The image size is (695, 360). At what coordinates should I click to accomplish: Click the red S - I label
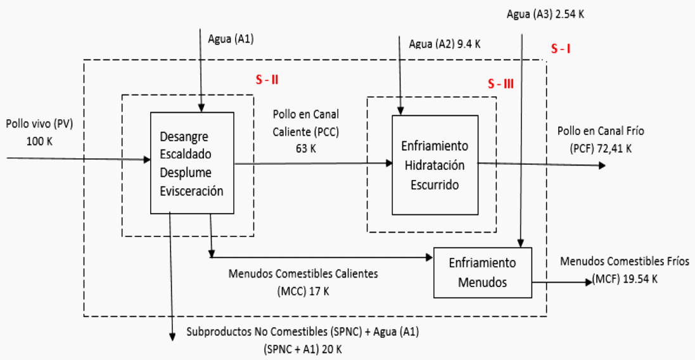point(561,49)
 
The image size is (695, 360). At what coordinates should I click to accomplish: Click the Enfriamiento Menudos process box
point(482,271)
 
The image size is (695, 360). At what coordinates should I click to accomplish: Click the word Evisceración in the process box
point(191,191)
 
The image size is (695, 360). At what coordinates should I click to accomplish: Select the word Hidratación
point(434,164)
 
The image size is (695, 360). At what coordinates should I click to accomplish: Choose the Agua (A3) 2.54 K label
point(545,13)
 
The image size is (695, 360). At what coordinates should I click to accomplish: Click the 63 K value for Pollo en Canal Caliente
point(305,148)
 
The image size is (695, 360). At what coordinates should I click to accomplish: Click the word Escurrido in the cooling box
point(434,185)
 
